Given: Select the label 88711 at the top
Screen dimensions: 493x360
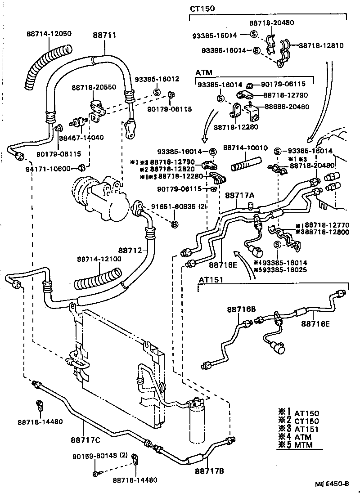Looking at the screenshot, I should click(x=104, y=34).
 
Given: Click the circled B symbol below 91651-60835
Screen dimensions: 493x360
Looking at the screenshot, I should click(x=175, y=224).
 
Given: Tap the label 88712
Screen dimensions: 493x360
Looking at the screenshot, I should click(x=130, y=250).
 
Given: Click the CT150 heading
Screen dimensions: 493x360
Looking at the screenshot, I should click(x=202, y=9).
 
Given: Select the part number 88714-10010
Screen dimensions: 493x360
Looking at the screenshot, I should click(x=245, y=147).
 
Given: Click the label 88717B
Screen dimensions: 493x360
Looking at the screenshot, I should click(x=209, y=471).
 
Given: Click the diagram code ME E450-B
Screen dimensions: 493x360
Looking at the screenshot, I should click(x=332, y=484).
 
